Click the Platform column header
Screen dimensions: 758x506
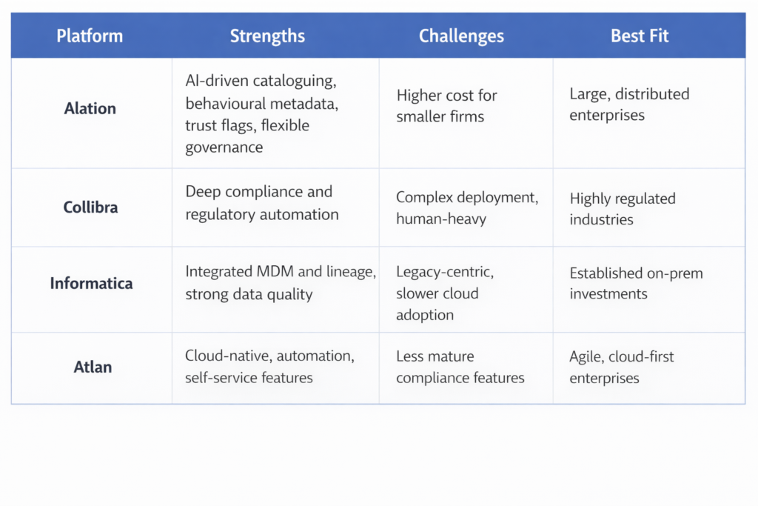click(x=90, y=36)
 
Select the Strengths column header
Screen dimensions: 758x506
click(x=267, y=36)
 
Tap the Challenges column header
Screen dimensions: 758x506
click(x=461, y=36)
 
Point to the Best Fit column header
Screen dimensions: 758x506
click(x=640, y=36)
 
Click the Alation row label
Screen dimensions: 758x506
click(x=90, y=108)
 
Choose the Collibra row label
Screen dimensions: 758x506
click(x=90, y=207)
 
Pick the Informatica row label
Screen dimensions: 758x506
click(x=91, y=283)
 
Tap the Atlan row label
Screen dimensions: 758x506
click(x=93, y=367)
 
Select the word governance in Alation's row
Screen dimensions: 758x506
click(x=224, y=147)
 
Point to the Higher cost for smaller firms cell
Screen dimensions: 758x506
click(x=446, y=106)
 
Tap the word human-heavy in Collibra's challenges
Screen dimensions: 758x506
click(x=441, y=219)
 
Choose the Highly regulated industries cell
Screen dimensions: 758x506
click(x=623, y=209)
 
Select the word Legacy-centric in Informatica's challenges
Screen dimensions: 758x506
click(x=445, y=272)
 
